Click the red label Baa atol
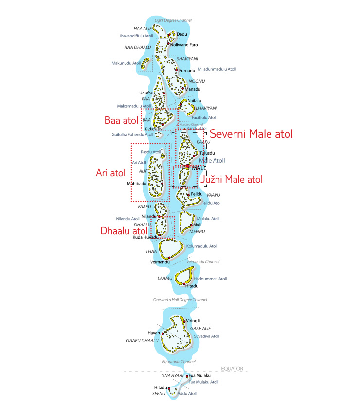[122, 120]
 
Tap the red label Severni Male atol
[251, 134]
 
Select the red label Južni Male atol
[232, 179]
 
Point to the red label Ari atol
[110, 172]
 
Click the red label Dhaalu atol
[124, 231]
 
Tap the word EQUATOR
[232, 369]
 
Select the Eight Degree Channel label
[173, 20]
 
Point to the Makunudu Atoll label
[126, 63]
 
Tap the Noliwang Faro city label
[184, 45]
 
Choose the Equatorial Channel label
[179, 362]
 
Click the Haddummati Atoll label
[210, 279]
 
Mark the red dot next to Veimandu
[169, 257]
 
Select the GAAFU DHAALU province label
[143, 340]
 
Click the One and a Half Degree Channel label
[180, 300]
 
